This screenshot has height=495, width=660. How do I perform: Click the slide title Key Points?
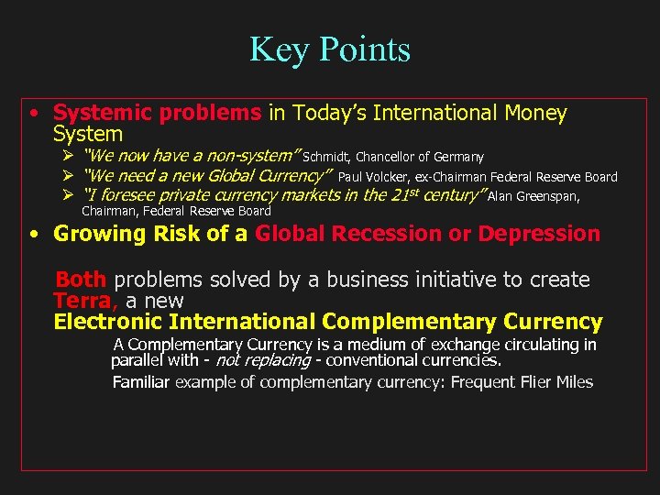pyautogui.click(x=330, y=49)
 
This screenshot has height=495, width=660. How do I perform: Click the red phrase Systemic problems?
pyautogui.click(x=157, y=113)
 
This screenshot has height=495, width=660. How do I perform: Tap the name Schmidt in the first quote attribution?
pyautogui.click(x=326, y=158)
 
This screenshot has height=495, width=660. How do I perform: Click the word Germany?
pyautogui.click(x=457, y=158)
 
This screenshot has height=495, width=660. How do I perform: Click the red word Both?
pyautogui.click(x=82, y=280)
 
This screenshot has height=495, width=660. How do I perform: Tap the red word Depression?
pyautogui.click(x=539, y=234)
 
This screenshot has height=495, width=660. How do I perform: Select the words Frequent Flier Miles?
pyautogui.click(x=522, y=382)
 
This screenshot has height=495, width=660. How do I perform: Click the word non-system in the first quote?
pyautogui.click(x=249, y=157)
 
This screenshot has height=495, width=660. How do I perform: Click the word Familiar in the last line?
pyautogui.click(x=140, y=382)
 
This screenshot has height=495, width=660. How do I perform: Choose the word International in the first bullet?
pyautogui.click(x=437, y=113)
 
